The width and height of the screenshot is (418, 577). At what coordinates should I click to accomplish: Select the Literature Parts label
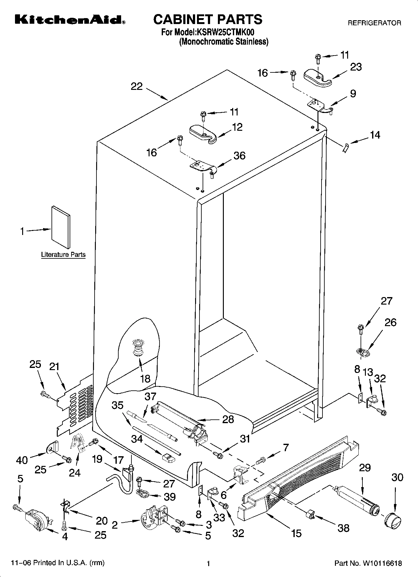[63, 255]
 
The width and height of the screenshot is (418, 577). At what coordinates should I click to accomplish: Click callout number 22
[136, 86]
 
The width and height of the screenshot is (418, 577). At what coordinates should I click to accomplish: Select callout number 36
[239, 155]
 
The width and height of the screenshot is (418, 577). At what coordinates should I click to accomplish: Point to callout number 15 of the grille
[296, 533]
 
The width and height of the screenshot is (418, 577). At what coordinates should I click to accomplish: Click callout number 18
[145, 379]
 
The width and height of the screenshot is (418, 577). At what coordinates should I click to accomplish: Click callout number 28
[228, 419]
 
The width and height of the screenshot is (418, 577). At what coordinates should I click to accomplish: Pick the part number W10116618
[381, 563]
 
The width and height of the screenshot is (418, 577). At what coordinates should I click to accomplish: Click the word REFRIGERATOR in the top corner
[374, 23]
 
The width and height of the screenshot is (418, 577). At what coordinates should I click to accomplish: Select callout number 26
[390, 322]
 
